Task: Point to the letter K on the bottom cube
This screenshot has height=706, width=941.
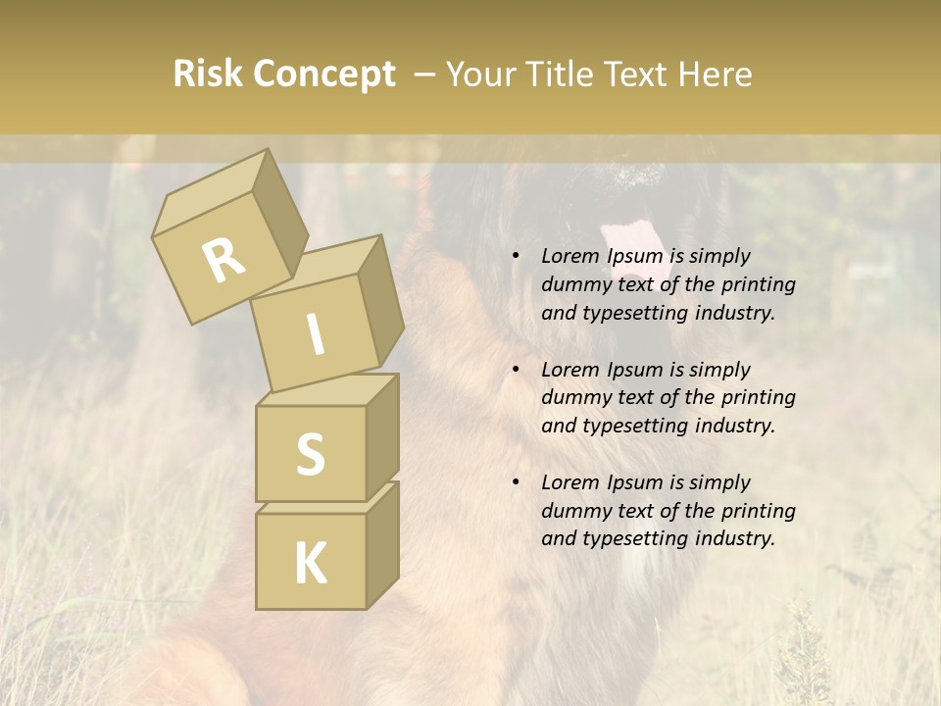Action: point(310,564)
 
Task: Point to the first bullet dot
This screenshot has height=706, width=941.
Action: point(516,257)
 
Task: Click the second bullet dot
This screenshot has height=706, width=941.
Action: point(516,371)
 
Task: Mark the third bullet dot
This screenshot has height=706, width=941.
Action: point(516,483)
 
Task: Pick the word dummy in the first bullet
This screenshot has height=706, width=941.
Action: point(573,285)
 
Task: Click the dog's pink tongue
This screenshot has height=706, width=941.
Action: point(632,239)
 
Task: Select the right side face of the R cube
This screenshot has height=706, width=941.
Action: point(279,218)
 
